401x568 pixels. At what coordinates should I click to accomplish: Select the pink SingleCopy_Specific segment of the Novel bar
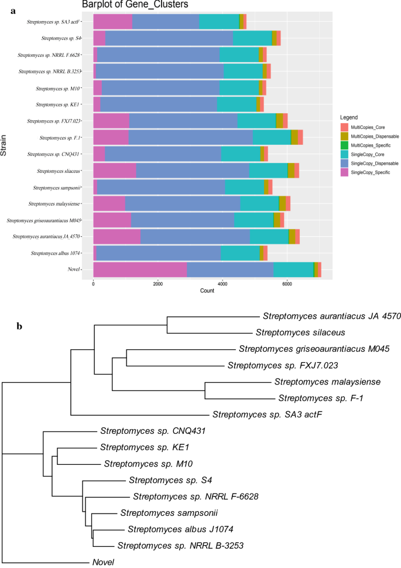click(140, 269)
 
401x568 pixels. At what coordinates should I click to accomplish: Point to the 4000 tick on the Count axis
click(222, 283)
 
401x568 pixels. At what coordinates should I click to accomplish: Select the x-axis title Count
click(190, 291)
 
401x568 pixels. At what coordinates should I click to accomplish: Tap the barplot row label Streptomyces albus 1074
click(55, 253)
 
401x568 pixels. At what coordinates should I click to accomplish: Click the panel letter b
click(20, 325)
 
